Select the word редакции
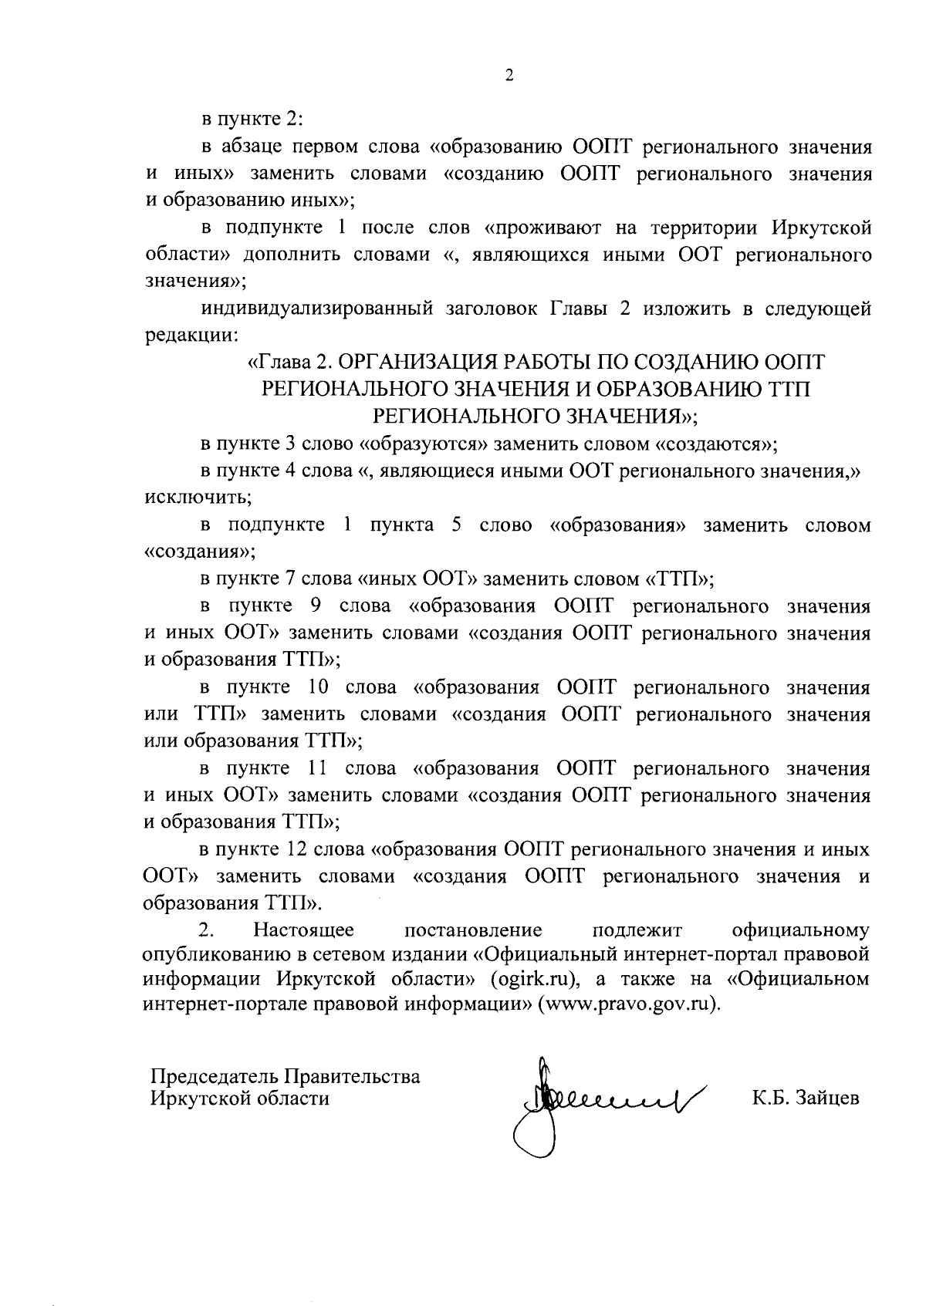191,336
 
